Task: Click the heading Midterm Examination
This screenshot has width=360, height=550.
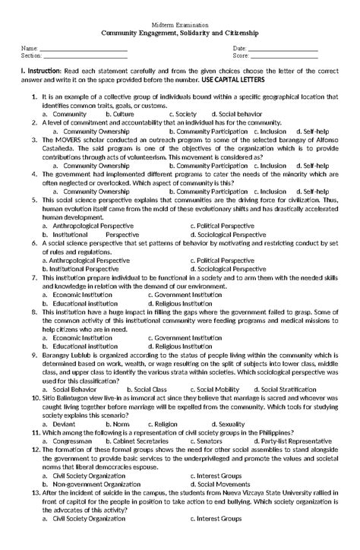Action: click(179, 25)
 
